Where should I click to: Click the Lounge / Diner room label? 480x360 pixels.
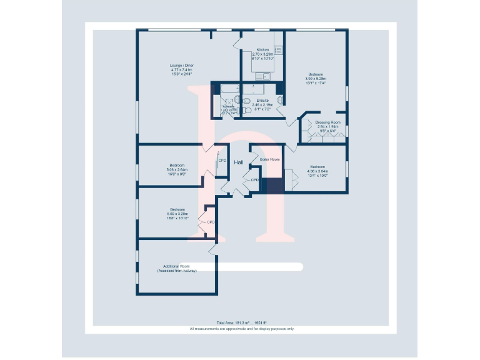(x=182, y=66)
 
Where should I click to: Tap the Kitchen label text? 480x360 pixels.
(x=262, y=49)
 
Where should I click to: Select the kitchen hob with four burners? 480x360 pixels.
(x=277, y=50)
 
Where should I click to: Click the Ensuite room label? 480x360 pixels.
(x=262, y=100)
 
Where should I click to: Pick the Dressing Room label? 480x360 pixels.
(x=327, y=122)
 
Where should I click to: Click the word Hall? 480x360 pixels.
(x=239, y=162)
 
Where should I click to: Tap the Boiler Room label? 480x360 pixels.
(x=269, y=159)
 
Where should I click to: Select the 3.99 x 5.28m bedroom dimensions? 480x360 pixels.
(x=316, y=79)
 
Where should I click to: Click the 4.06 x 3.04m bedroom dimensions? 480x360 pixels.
(x=317, y=171)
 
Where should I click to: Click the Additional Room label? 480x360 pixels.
(x=176, y=266)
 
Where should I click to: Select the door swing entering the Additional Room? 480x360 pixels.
(x=213, y=248)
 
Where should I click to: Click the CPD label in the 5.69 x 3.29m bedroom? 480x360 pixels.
(x=211, y=222)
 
